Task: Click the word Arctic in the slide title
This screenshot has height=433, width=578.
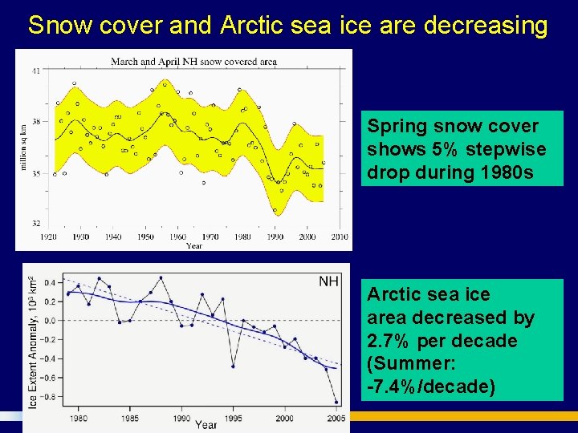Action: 250,26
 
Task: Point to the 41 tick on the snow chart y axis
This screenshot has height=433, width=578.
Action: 36,71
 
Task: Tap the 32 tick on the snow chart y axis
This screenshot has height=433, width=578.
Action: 36,223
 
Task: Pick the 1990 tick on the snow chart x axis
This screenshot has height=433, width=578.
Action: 275,237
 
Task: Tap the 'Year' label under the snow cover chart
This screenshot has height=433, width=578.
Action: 194,245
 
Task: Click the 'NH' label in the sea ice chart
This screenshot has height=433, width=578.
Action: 328,281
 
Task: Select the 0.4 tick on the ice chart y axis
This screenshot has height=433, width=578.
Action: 50,282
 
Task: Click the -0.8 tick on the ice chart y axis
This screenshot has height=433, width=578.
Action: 48,397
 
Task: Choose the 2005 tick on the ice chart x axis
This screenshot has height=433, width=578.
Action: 336,419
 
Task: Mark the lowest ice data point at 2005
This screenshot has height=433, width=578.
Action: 336,403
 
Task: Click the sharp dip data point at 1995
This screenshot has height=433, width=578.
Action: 233,366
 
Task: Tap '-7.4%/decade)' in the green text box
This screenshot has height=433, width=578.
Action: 431,386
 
